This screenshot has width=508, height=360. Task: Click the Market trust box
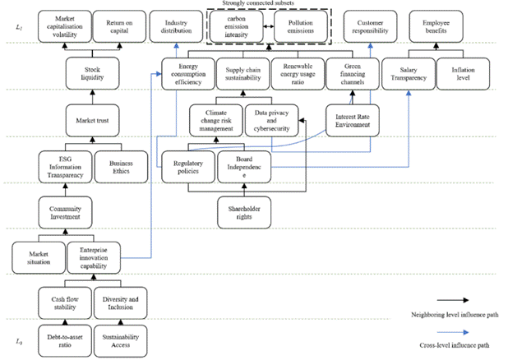92,121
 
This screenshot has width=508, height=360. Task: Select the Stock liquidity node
92,73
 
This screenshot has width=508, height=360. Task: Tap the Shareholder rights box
244,213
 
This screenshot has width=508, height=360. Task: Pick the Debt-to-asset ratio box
65,341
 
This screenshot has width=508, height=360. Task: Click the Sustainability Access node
121,341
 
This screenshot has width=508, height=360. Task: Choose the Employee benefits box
436,26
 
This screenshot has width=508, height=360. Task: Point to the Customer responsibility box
370,26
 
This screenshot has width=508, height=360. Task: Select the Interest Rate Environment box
353,121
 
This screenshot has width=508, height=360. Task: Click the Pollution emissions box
301,26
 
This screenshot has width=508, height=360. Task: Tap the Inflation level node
463,74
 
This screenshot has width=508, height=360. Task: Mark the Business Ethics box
121,167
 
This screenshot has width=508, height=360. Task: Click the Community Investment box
65,213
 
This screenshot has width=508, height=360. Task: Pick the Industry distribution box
176,26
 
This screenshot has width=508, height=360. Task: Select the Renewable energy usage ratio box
298,74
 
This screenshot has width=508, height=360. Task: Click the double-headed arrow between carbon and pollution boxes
269,26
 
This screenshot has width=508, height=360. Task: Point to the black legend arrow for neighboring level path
453,300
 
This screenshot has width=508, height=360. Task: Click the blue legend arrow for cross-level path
453,332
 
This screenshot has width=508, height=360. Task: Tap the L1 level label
19,27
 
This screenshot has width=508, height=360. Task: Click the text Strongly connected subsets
258,3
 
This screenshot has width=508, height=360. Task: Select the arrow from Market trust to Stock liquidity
92,97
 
